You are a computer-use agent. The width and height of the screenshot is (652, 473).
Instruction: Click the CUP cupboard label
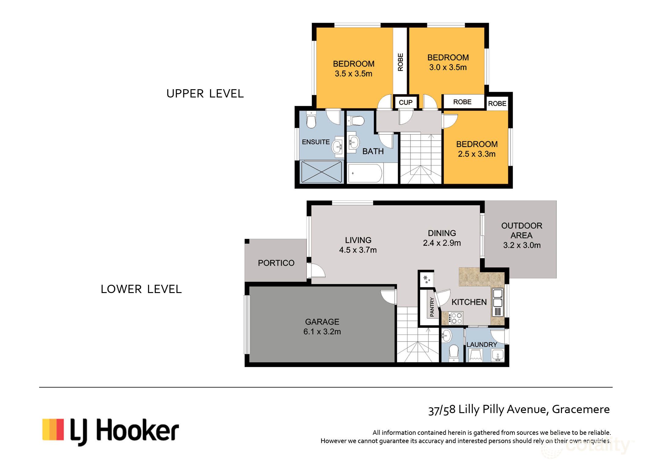[405, 102]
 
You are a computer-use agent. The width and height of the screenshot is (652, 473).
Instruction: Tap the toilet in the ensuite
[311, 120]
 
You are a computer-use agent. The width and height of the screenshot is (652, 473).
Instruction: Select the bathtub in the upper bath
[365, 173]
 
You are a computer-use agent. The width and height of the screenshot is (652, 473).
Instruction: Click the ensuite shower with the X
[321, 172]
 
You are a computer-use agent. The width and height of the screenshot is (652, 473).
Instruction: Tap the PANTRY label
[432, 307]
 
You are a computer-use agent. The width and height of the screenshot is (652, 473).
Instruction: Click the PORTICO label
[276, 263]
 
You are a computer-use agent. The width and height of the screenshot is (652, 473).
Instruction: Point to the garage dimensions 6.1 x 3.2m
[322, 332]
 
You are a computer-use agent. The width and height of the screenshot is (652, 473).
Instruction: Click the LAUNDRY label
[482, 344]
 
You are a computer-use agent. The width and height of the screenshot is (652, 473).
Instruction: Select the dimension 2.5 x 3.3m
[477, 154]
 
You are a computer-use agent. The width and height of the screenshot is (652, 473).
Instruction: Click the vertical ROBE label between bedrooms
[400, 62]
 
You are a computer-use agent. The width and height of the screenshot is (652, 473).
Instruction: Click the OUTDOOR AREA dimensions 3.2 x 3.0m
[522, 245]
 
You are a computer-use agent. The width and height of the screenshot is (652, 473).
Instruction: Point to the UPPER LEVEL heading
[205, 94]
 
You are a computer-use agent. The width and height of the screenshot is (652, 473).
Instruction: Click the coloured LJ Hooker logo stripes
[53, 429]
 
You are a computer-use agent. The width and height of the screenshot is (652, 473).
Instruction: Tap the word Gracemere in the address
[581, 409]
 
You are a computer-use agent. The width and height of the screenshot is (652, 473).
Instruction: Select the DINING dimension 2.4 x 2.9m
[442, 243]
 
